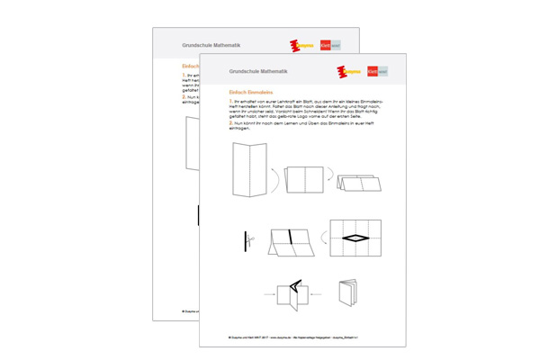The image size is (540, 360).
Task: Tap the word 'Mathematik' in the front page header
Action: pos(271,70)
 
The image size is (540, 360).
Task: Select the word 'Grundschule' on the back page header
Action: pos(194,43)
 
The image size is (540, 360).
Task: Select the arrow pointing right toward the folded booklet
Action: pos(269,293)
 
